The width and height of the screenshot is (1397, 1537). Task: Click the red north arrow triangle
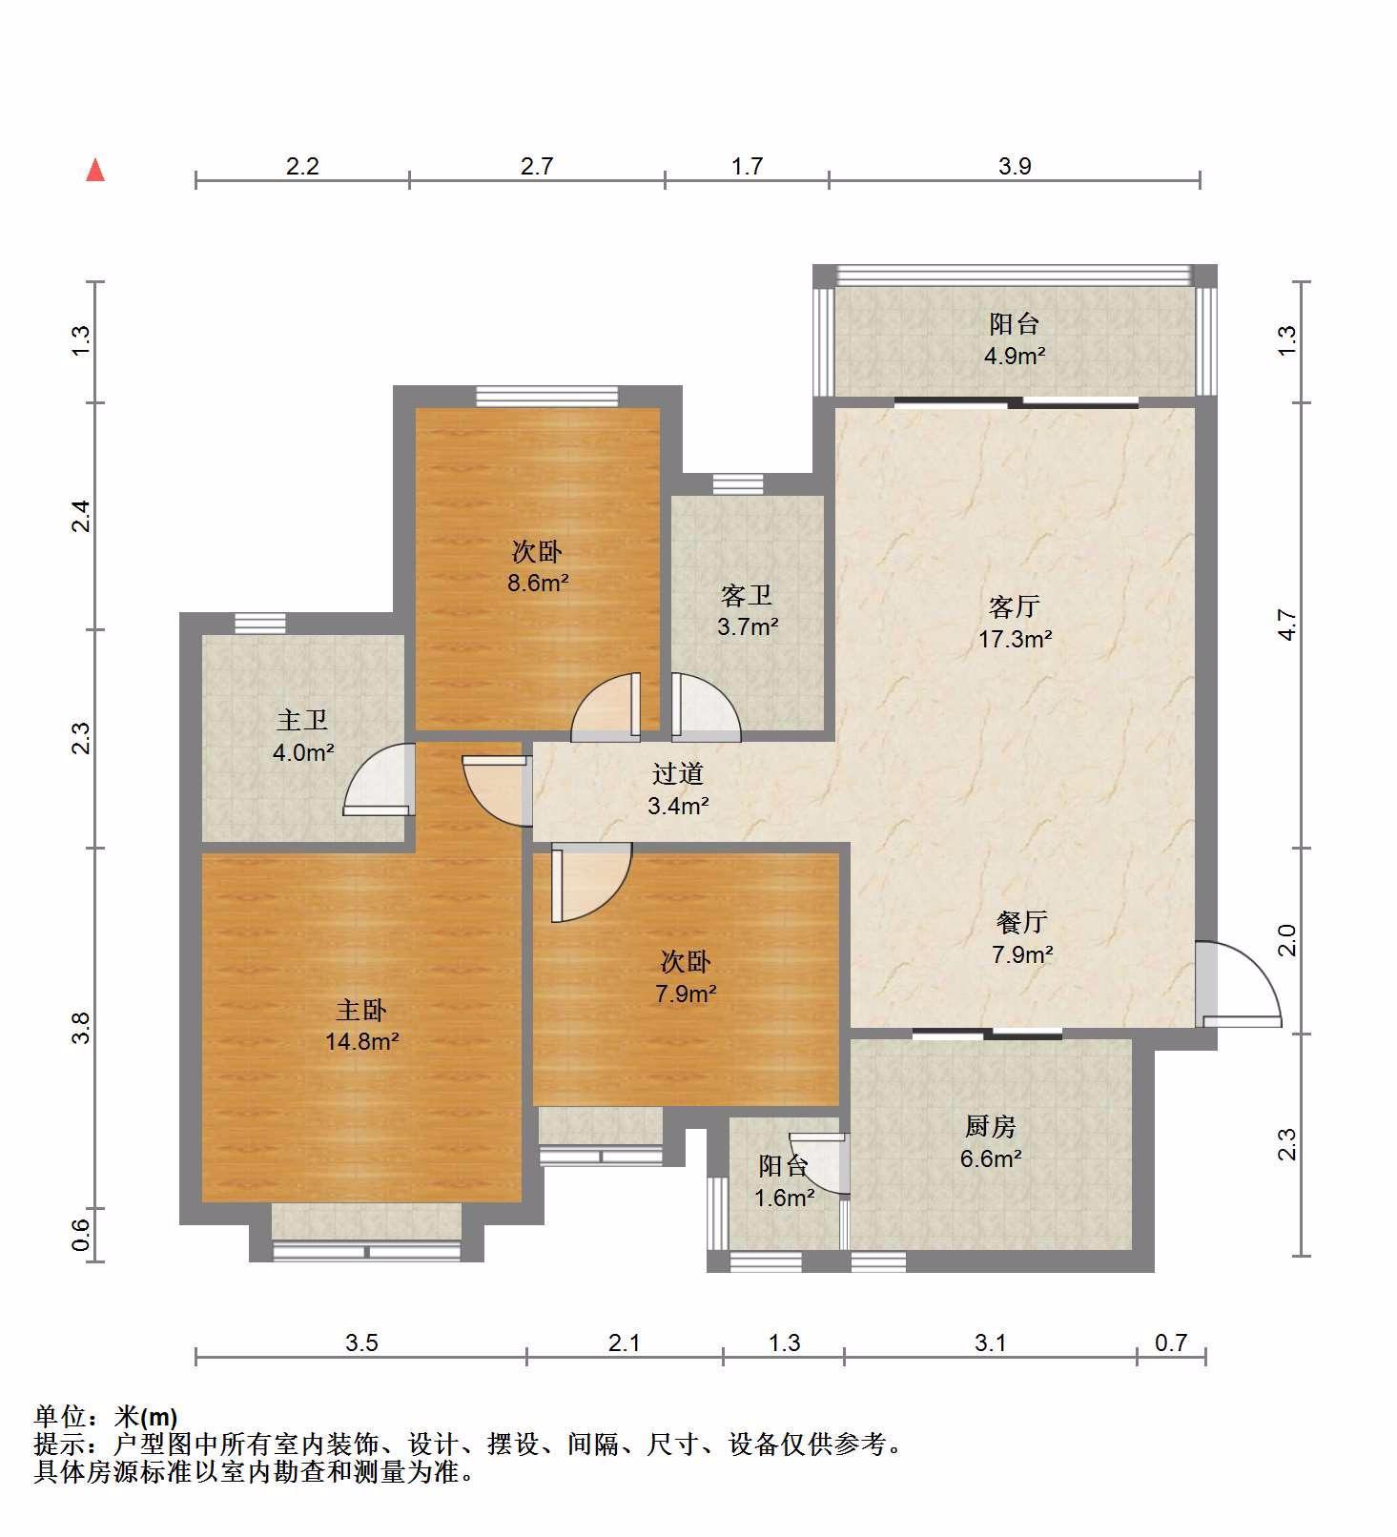tap(95, 171)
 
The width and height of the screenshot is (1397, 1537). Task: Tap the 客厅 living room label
tap(1015, 606)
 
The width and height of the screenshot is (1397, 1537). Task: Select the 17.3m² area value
tap(1016, 639)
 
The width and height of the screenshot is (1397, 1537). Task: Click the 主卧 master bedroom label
tap(361, 1009)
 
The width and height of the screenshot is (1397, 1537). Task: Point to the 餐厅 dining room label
tap(1022, 921)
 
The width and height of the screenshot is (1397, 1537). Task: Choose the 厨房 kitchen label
tap(991, 1126)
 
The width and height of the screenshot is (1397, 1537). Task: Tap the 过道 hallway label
tap(678, 773)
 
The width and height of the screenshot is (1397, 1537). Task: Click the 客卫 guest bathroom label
tap(747, 596)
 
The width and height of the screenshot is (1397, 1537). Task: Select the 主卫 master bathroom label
tap(302, 720)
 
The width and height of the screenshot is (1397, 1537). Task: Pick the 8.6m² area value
tap(538, 583)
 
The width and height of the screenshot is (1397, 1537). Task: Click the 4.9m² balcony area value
tap(1015, 357)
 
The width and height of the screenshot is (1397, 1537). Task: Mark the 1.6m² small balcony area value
tap(785, 1198)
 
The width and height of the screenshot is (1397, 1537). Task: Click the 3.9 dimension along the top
tap(1015, 166)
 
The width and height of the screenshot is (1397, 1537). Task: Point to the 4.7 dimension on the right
tap(1287, 625)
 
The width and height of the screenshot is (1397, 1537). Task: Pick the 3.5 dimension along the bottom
tap(361, 1342)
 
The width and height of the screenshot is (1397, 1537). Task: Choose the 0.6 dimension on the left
tap(81, 1236)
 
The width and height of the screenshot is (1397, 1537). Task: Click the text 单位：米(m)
tap(106, 1417)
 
